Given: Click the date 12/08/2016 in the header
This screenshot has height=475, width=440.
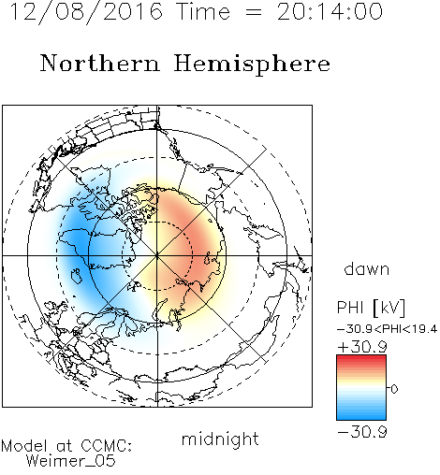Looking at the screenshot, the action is pyautogui.click(x=86, y=12).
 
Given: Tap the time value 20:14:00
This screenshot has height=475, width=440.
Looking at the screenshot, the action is pyautogui.click(x=330, y=11).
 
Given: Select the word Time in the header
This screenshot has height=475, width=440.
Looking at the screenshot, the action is pyautogui.click(x=203, y=11).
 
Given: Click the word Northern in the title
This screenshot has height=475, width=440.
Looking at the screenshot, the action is pyautogui.click(x=100, y=64).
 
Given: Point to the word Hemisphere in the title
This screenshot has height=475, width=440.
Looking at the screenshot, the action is pyautogui.click(x=252, y=65).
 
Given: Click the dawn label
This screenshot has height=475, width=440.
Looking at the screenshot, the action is pyautogui.click(x=367, y=269).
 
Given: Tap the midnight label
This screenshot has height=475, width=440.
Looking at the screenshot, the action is pyautogui.click(x=220, y=439).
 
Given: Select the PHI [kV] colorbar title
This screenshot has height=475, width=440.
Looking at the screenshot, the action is pyautogui.click(x=371, y=308).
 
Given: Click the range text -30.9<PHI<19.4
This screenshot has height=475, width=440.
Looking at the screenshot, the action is pyautogui.click(x=388, y=329).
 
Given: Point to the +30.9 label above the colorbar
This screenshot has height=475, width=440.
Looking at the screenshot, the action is pyautogui.click(x=362, y=347).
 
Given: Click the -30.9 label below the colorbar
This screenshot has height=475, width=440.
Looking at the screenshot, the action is pyautogui.click(x=362, y=432).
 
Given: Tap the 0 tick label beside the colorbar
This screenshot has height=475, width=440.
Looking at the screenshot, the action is pyautogui.click(x=394, y=389).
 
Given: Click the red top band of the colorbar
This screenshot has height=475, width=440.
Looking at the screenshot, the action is pyautogui.click(x=361, y=359).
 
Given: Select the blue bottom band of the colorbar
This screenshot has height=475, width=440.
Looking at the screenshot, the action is pyautogui.click(x=361, y=415).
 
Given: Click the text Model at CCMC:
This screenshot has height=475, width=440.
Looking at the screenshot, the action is pyautogui.click(x=66, y=446).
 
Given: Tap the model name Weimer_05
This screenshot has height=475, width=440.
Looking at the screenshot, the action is pyautogui.click(x=71, y=461).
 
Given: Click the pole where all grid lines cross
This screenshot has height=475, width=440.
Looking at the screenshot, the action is pyautogui.click(x=157, y=256).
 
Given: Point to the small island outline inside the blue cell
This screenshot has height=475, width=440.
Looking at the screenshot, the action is pyautogui.click(x=77, y=276).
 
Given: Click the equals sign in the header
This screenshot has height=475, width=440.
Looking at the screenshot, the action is pyautogui.click(x=254, y=12).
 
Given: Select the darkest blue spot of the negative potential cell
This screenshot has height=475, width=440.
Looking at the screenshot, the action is pyautogui.click(x=78, y=243).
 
